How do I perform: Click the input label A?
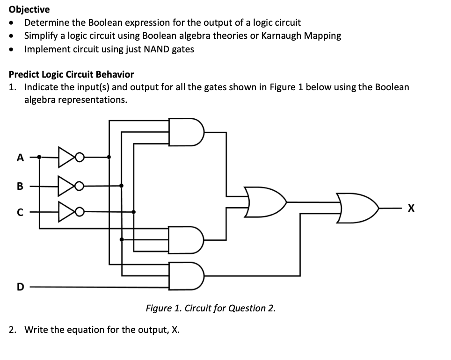point(19,158)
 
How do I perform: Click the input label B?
point(19,186)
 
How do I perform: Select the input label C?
point(19,212)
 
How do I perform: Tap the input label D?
point(19,287)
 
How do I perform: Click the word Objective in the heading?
point(29,9)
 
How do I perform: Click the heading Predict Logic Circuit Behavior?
point(71,74)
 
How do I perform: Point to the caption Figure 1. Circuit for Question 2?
point(211,308)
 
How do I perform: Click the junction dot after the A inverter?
point(109,158)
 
